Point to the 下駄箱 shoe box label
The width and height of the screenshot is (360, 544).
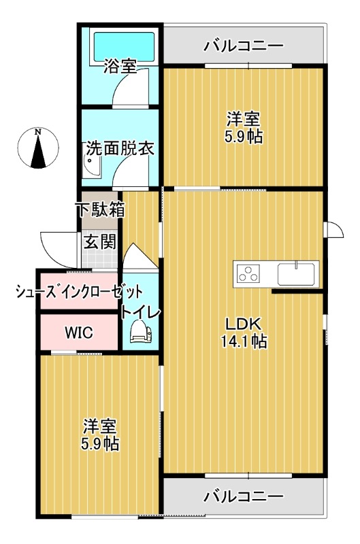tap(100, 209)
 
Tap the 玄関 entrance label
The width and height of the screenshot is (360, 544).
tap(100, 241)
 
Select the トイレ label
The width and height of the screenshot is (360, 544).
tap(141, 312)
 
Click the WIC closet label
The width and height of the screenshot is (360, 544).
tap(79, 333)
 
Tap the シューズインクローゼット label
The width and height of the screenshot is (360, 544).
tap(80, 292)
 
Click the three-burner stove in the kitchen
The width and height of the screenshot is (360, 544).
tap(248, 273)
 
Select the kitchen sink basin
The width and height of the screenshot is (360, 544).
tap(295, 273)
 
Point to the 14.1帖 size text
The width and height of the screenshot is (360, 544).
tap(244, 341)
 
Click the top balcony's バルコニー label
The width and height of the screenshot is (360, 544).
tap(244, 46)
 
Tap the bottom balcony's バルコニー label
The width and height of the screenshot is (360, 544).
tap(244, 496)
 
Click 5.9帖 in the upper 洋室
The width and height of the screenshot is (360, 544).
tap(244, 136)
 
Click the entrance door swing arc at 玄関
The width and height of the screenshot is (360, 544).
tap(54, 245)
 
